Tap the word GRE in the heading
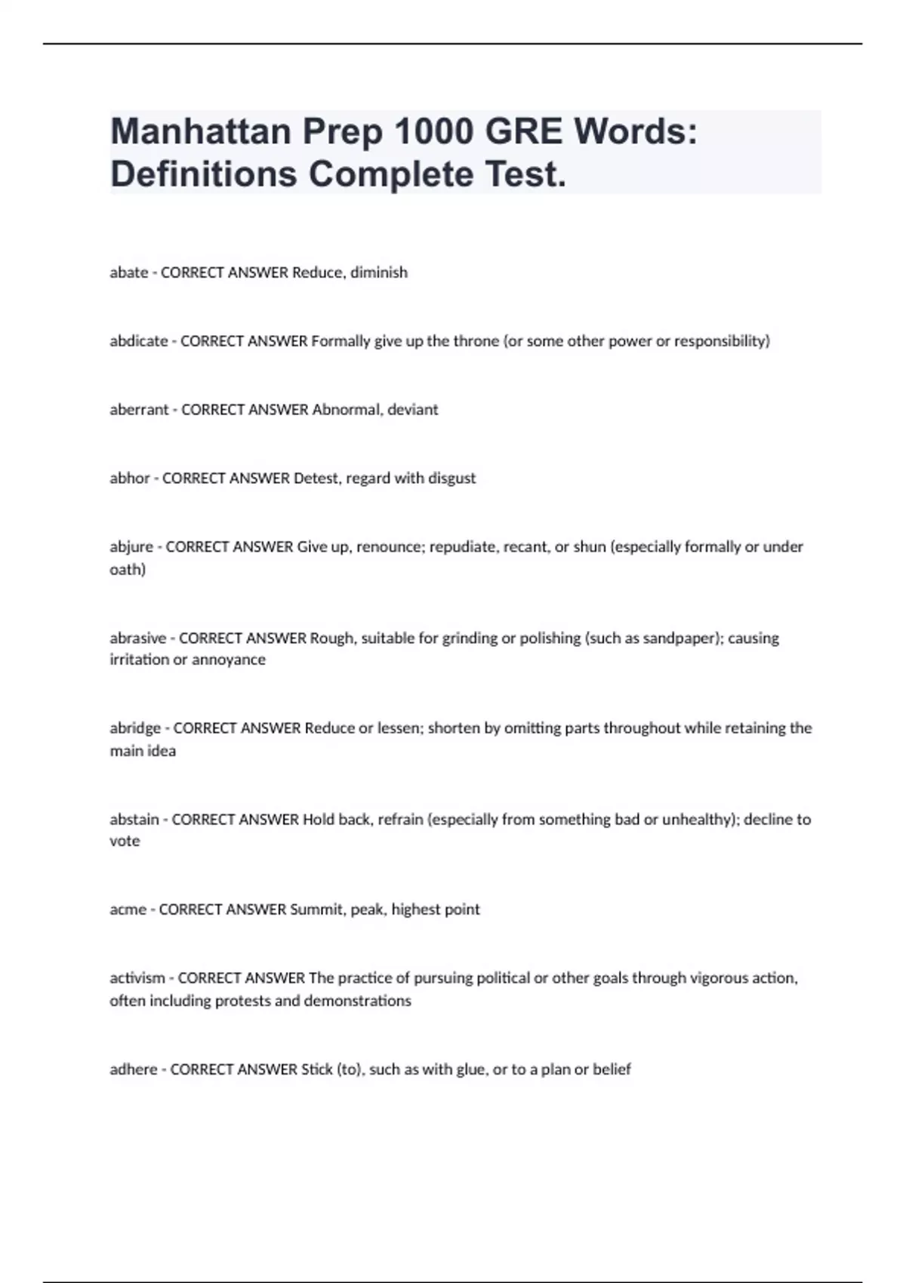pos(523,132)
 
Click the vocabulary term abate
pos(128,272)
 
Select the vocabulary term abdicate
pos(139,341)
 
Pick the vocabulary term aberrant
pos(139,410)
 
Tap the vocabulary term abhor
pos(130,478)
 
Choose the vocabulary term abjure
pos(131,547)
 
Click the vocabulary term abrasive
pos(137,638)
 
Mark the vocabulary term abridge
pos(135,728)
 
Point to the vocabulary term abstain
pos(134,820)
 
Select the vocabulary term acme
pos(128,909)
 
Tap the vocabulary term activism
pos(137,978)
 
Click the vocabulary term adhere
pos(134,1069)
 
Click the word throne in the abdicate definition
pos(476,341)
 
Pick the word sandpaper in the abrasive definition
pos(678,638)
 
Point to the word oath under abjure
pos(128,570)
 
